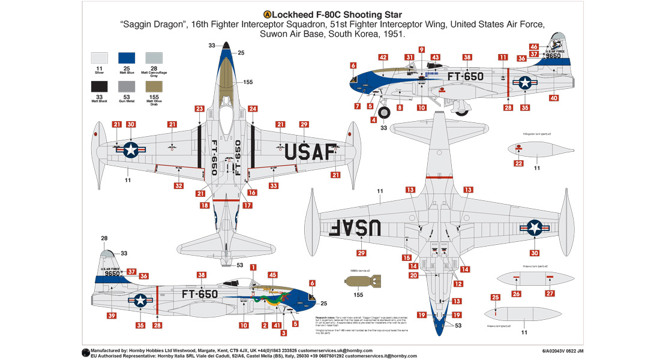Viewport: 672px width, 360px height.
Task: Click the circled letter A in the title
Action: (x=267, y=14)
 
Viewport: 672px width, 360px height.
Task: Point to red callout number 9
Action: (x=421, y=50)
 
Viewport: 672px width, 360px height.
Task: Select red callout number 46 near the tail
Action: (x=534, y=46)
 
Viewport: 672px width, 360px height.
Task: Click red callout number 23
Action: (x=200, y=109)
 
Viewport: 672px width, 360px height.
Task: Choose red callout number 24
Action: (x=253, y=109)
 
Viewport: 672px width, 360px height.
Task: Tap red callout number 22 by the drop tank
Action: (x=518, y=163)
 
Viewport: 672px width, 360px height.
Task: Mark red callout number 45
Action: (x=272, y=275)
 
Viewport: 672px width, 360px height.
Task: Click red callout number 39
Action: (x=112, y=316)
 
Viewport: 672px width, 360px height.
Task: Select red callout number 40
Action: (x=553, y=98)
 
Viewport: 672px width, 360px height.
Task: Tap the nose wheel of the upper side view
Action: (x=383, y=112)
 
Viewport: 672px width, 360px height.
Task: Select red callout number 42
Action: (x=383, y=57)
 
